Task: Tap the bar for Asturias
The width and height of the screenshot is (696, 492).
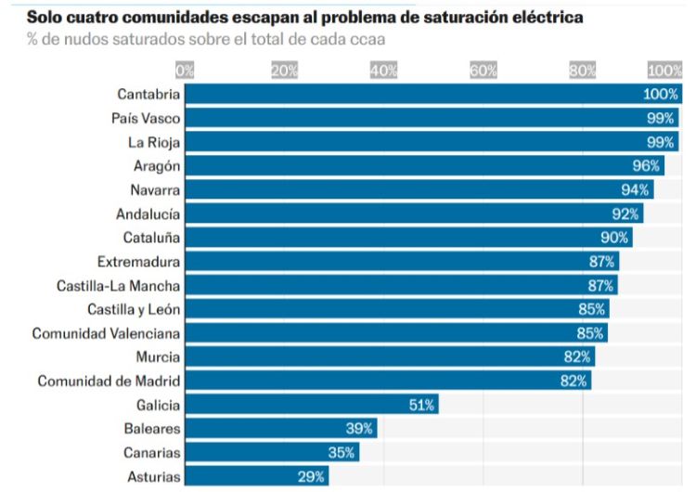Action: point(256,476)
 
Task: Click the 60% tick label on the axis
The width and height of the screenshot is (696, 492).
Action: point(483,71)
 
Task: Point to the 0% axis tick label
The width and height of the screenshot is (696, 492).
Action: point(185,71)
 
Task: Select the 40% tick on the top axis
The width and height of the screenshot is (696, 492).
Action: point(384,71)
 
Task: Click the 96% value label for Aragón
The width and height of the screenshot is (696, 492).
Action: point(646,166)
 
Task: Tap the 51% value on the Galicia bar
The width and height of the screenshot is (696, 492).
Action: point(422,405)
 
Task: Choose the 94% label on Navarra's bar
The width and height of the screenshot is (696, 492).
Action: point(636,190)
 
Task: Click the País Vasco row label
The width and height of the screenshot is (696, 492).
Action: point(145,119)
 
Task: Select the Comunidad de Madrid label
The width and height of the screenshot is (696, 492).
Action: point(109,381)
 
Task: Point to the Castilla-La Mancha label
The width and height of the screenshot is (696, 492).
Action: point(118,286)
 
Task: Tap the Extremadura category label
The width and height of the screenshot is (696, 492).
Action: point(138,262)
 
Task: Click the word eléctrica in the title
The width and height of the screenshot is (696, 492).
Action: point(546,18)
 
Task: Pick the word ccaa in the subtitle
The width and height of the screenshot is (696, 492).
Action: point(366,40)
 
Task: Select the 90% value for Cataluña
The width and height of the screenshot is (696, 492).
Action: point(614,238)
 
